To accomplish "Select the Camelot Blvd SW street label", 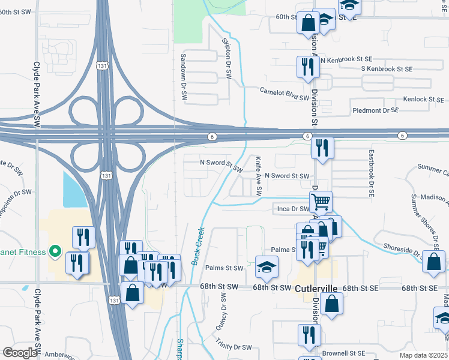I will point(284,94).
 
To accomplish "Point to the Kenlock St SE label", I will point(423,99).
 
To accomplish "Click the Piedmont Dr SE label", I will point(375,110).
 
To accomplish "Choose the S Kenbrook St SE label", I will point(387,69).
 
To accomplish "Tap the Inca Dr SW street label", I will point(292,209).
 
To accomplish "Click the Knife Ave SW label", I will point(259,176).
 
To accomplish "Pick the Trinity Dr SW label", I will point(234,347).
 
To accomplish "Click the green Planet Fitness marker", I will point(55,251).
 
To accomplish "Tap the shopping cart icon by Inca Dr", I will point(321,203).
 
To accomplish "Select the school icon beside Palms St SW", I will point(267,267).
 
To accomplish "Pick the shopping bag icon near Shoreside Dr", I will point(433,262).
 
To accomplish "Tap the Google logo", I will point(20,352).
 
